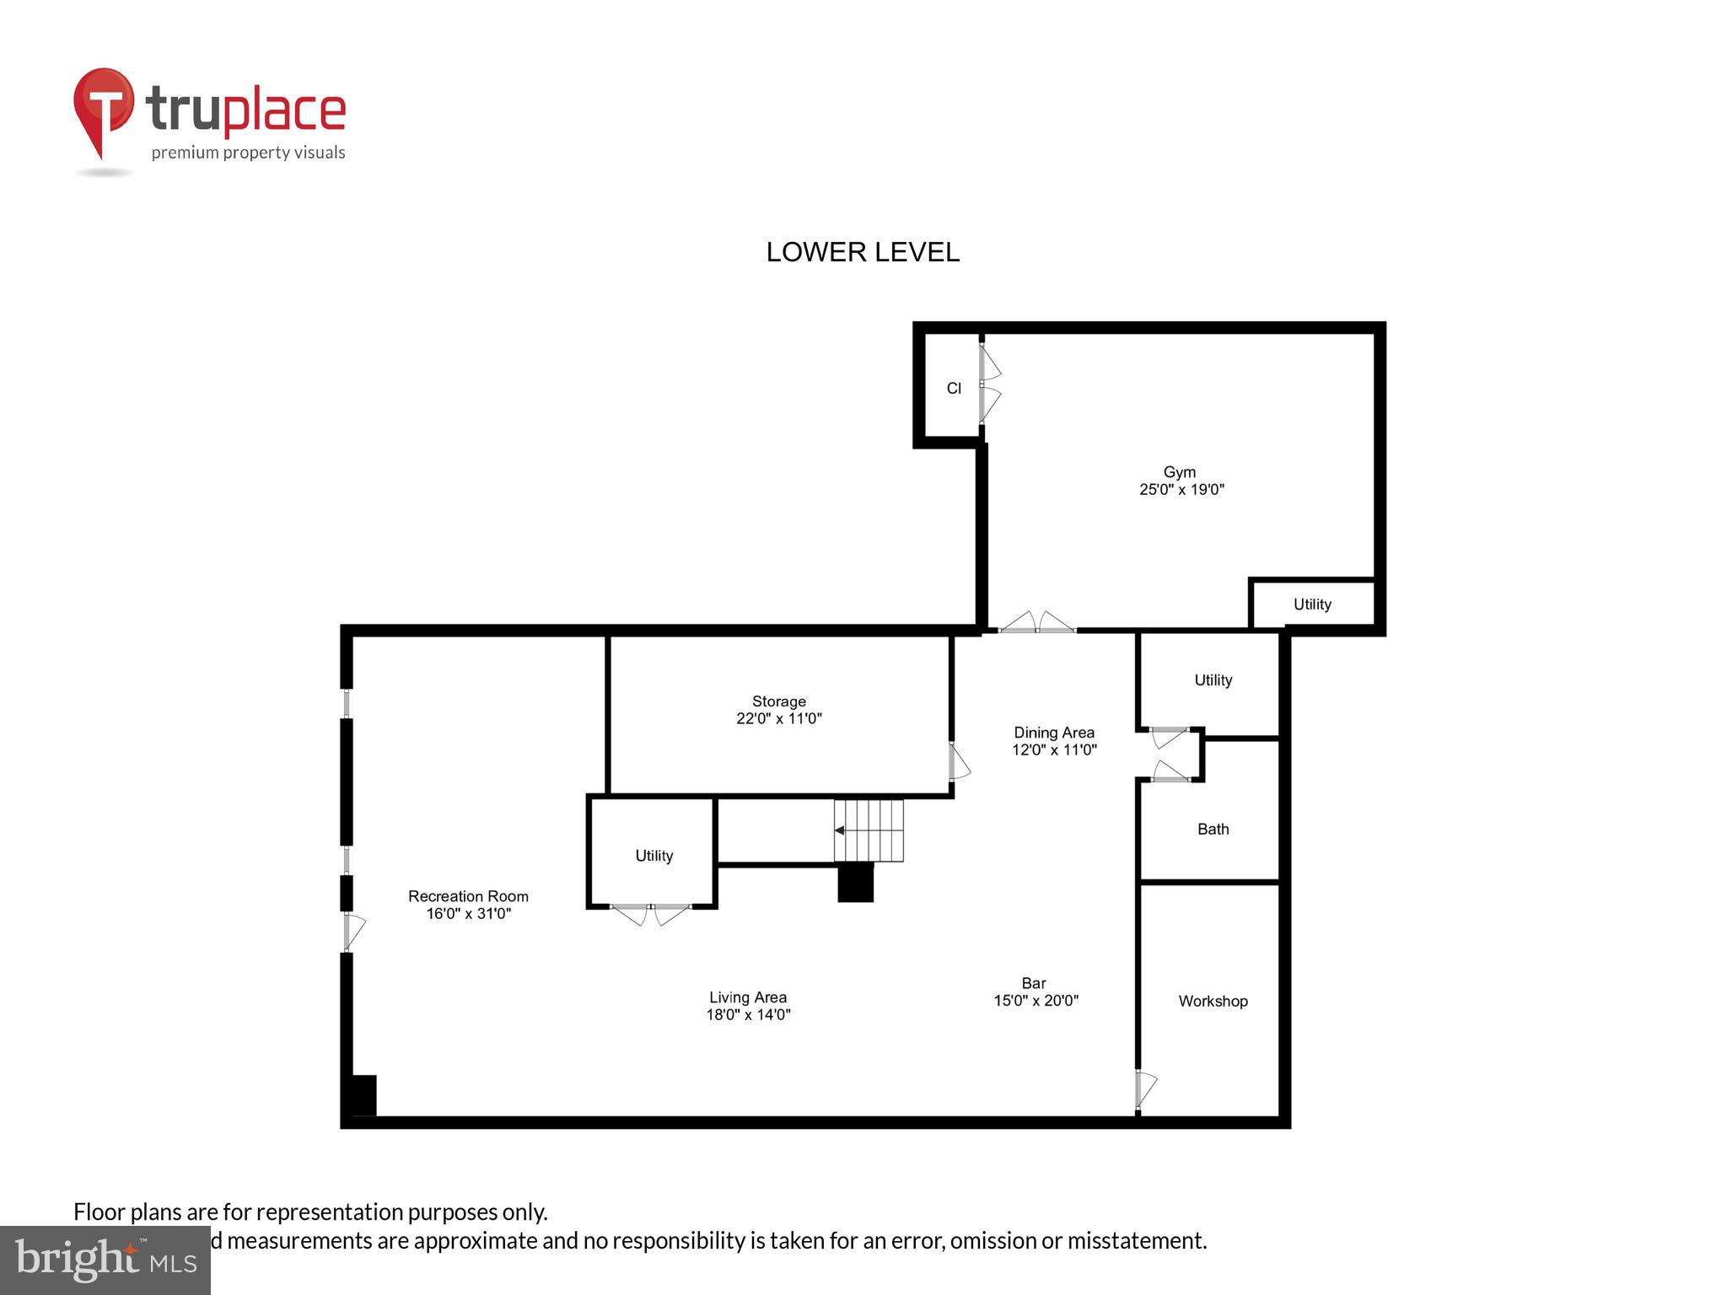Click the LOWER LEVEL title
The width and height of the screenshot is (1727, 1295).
[862, 252]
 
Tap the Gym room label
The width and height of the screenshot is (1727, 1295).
[1179, 472]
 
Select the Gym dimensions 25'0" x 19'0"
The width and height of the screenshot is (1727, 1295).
[1181, 489]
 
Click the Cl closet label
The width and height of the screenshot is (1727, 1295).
[954, 389]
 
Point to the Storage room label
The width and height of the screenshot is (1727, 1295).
[778, 701]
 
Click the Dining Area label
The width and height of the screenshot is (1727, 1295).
[1053, 733]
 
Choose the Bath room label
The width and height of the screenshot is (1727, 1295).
[1213, 830]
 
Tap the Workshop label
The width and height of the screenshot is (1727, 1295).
[1213, 1002]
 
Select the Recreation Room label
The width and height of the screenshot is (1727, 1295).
[468, 896]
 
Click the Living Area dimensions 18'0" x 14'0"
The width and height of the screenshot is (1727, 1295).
[748, 1015]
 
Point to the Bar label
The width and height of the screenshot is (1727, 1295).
[1033, 983]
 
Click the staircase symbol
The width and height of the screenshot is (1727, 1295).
[869, 830]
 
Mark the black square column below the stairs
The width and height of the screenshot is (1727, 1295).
[855, 883]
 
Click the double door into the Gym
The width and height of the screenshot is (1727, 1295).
[1036, 624]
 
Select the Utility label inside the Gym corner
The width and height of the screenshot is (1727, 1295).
[1312, 605]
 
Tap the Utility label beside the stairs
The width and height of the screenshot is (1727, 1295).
[654, 856]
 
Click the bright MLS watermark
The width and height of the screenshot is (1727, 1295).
[105, 1260]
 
